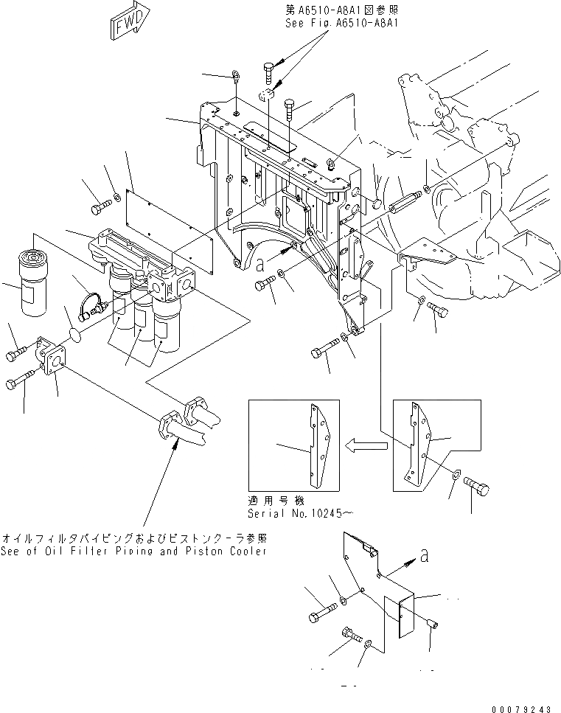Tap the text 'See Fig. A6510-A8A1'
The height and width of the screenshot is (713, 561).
coord(341,24)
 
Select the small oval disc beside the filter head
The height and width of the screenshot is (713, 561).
coord(74,339)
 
